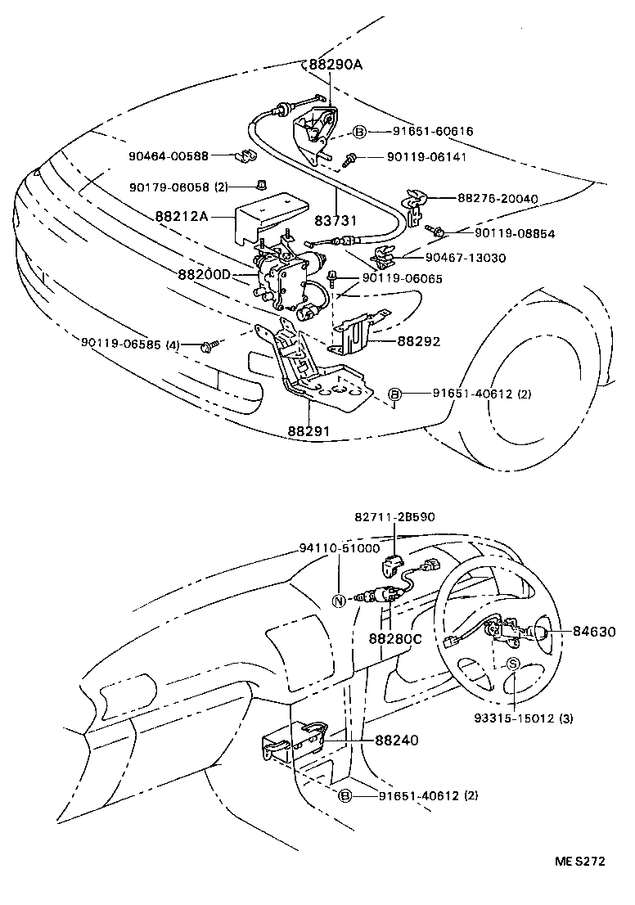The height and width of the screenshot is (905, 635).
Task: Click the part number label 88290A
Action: click(x=335, y=65)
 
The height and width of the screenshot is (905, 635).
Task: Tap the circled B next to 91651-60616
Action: click(x=359, y=131)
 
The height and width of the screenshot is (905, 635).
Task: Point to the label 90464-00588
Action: click(x=168, y=155)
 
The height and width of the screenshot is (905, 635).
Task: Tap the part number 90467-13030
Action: click(x=464, y=258)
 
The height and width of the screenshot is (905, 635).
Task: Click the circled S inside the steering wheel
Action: click(x=513, y=664)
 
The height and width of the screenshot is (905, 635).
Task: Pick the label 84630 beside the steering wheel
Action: click(x=595, y=632)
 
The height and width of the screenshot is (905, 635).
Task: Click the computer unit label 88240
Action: click(x=397, y=740)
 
